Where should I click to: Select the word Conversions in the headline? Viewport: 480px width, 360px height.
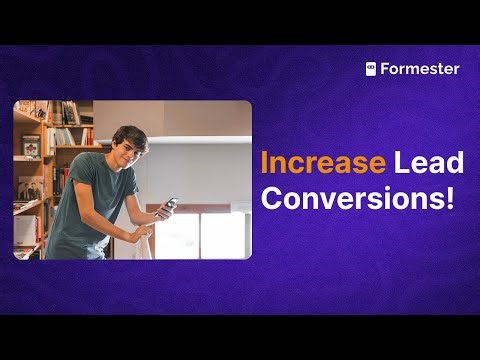pos(345,197)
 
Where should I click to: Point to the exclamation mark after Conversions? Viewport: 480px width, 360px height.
pos(446,196)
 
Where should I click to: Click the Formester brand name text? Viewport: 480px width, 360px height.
pos(420,69)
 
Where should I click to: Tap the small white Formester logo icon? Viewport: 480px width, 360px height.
pos(371,69)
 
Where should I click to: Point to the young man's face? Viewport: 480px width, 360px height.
pos(131,151)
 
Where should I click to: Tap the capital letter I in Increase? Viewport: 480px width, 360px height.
pos(264,163)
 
